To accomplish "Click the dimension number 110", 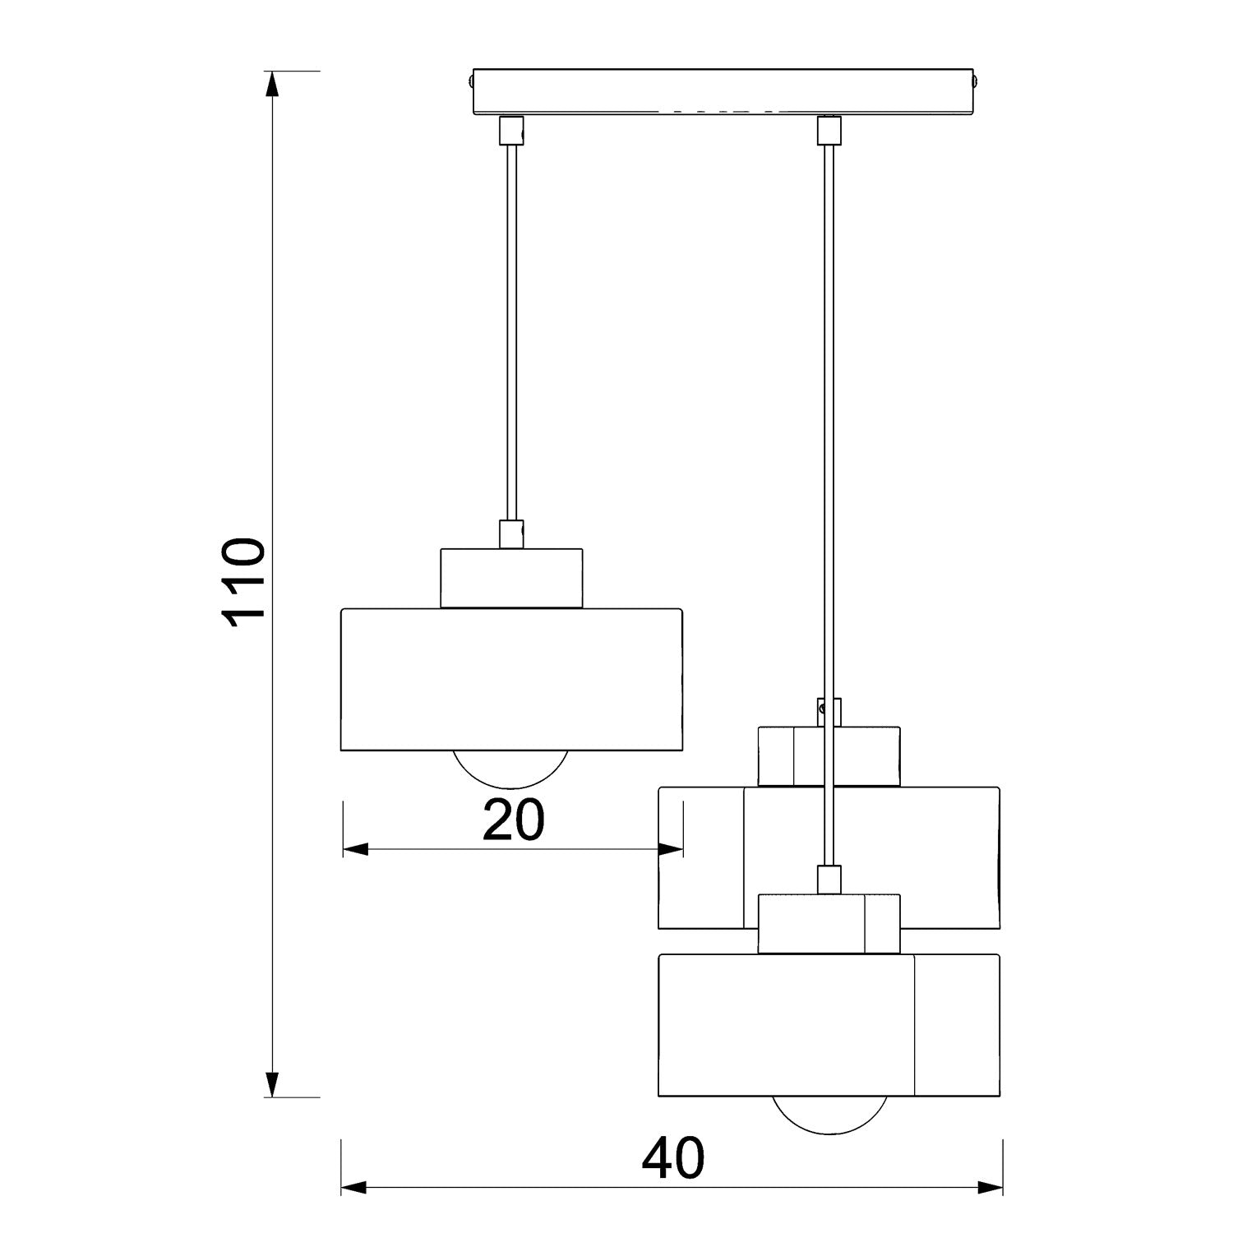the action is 245,584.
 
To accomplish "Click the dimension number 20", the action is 513,820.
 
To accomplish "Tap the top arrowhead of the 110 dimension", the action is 273,86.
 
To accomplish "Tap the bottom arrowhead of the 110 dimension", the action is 273,1083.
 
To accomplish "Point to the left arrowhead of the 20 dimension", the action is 356,849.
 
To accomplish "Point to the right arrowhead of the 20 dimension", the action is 669,849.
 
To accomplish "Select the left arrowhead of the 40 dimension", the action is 355,1187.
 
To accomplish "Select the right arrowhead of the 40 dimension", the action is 989,1187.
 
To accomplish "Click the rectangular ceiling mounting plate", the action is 723,91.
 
